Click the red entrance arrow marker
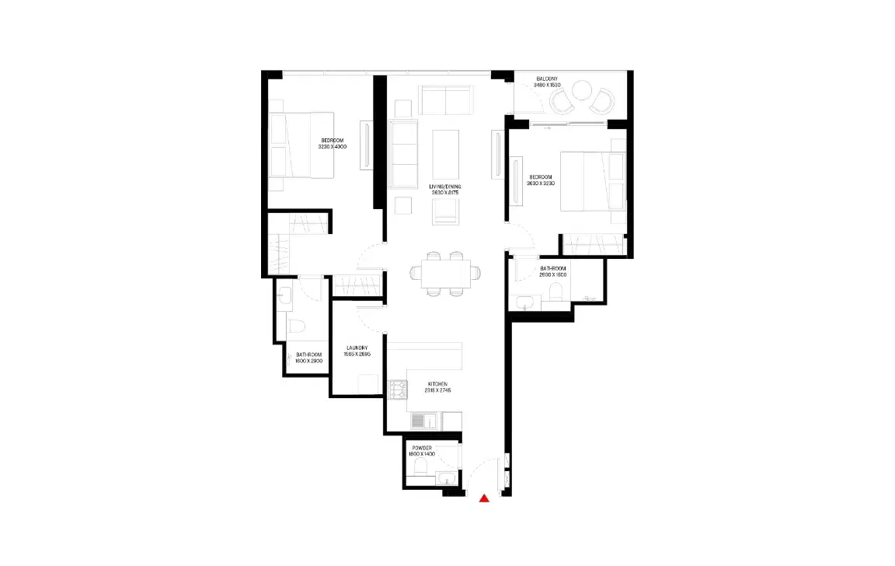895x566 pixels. [x=485, y=499]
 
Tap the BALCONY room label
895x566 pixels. [x=552, y=79]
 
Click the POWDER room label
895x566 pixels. [x=422, y=448]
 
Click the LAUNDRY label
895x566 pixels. [x=357, y=348]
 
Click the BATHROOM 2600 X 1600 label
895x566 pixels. [x=553, y=271]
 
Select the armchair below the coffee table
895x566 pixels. [x=446, y=211]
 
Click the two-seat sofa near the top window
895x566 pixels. [x=446, y=100]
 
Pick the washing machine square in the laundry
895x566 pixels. [x=368, y=384]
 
